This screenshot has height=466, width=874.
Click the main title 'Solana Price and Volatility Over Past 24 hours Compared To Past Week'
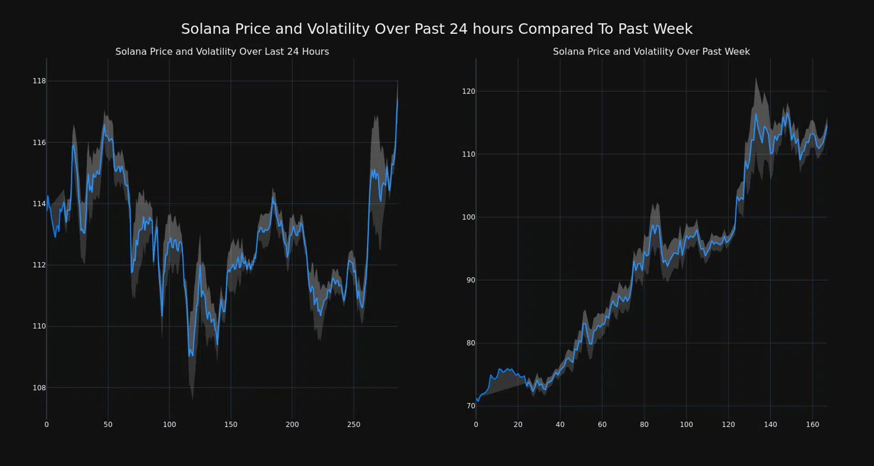437,29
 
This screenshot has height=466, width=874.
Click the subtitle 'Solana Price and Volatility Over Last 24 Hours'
222,51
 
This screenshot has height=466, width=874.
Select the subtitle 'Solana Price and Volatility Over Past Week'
651,51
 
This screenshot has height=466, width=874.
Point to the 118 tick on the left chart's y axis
39,81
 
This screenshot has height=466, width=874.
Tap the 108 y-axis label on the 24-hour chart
39,388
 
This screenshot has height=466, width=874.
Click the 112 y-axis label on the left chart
39,265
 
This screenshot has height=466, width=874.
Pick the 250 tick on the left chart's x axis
354,425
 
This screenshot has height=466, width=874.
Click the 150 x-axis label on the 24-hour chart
231,425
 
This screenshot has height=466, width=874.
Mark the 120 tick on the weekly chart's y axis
468,91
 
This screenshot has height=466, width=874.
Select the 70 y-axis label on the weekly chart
471,406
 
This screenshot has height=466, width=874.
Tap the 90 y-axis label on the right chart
471,280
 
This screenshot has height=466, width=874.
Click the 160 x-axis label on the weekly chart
813,425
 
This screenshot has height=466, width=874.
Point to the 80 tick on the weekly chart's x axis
644,425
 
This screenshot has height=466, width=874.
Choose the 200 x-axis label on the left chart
292,425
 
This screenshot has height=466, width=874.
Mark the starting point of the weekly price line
476,399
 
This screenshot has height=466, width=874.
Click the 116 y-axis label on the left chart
39,142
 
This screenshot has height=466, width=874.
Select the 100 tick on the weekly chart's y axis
468,217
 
